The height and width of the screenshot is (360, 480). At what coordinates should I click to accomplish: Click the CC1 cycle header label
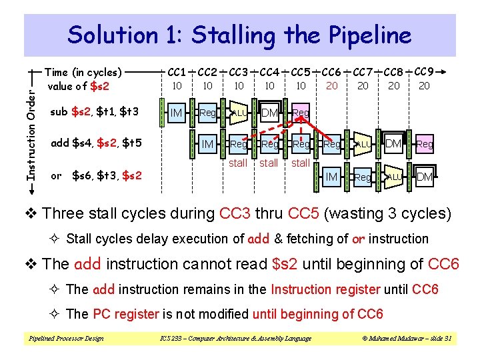(x=177, y=72)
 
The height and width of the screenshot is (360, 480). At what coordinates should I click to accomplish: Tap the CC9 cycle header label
(x=425, y=71)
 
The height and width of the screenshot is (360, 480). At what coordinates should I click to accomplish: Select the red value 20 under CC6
(x=331, y=86)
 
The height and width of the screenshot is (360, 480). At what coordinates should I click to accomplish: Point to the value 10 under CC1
(x=177, y=86)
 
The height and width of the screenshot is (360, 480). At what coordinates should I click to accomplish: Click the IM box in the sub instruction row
(x=177, y=114)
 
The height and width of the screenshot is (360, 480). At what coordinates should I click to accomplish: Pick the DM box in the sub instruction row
(x=269, y=114)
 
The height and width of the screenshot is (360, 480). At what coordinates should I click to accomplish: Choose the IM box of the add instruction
(x=207, y=144)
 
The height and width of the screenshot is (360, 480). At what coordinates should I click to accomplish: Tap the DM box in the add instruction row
(x=393, y=144)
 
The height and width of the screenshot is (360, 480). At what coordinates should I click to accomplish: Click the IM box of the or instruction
(x=331, y=176)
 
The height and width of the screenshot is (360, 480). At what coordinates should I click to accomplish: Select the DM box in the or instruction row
(x=424, y=176)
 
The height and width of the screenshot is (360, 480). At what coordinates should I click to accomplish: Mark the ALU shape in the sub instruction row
(x=239, y=114)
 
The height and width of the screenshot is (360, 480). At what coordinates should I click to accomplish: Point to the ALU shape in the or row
(x=393, y=176)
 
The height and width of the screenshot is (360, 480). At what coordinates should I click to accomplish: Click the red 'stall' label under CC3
(x=238, y=163)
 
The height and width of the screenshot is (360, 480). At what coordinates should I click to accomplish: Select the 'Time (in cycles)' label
(x=83, y=72)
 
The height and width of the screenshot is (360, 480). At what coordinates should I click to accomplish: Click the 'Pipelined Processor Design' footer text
(x=65, y=339)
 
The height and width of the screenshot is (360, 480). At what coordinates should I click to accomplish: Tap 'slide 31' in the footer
(x=439, y=339)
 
